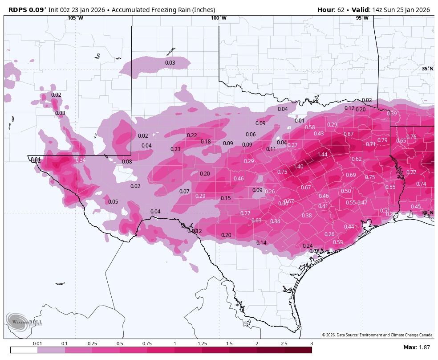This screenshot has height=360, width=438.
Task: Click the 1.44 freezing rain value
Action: coord(322,154)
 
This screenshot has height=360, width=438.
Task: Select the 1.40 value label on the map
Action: coord(298,166)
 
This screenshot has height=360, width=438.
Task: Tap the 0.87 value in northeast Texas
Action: coord(349,134)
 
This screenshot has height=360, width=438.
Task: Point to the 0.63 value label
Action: coord(256,221)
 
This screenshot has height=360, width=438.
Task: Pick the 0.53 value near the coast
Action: coord(338,242)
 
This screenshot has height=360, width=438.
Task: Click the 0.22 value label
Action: coord(192,135)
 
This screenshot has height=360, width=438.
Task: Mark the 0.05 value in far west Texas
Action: coord(113,202)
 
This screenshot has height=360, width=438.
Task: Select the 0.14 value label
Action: coord(261,243)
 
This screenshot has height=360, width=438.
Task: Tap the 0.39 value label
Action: coord(392,114)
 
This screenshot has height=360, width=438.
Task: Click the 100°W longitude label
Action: coord(219,18)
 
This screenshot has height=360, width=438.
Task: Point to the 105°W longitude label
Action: coord(75,18)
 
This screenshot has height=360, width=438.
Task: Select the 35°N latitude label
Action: coord(427,69)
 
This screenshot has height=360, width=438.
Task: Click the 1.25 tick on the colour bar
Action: coord(202,344)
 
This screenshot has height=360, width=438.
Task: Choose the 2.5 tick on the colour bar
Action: coord(284,344)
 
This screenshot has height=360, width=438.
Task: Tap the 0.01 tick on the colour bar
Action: coord(37,344)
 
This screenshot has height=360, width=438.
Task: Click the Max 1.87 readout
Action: coord(416,347)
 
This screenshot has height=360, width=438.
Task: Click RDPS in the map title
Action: coord(17,10)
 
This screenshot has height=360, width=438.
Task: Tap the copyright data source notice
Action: coord(377,335)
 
